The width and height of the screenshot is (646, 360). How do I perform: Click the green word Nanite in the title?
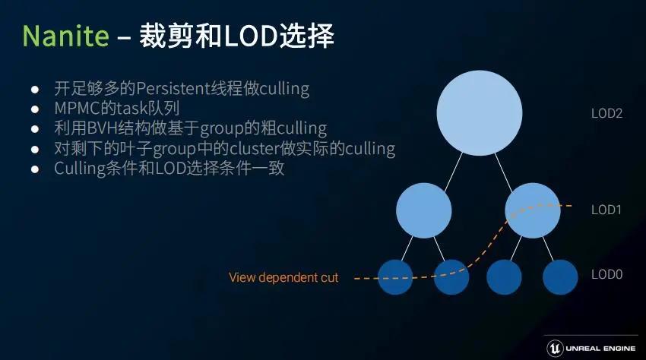(64, 36)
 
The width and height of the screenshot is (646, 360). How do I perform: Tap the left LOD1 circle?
(424, 210)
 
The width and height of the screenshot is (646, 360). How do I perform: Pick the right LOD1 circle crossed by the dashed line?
(532, 210)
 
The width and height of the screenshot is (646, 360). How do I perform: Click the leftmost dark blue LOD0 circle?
(395, 276)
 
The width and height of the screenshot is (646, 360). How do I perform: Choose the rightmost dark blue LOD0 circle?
(560, 276)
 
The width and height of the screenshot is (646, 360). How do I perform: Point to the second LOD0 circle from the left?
(451, 276)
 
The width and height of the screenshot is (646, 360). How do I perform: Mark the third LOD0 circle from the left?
(505, 276)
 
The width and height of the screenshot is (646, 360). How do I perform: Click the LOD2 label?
(606, 114)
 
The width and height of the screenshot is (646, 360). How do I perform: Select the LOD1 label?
(606, 210)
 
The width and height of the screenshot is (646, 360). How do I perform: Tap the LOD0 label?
(606, 275)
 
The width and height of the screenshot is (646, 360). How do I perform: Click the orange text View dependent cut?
(283, 278)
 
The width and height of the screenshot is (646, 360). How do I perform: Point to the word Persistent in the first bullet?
(171, 88)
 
